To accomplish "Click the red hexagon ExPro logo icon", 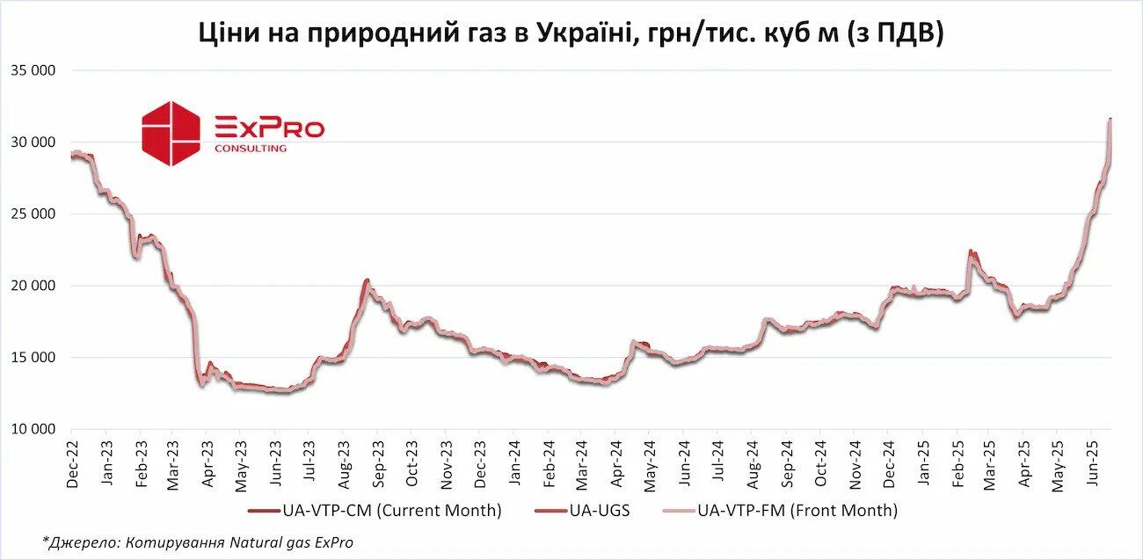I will pos(171,133).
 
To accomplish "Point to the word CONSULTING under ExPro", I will pos(250,149).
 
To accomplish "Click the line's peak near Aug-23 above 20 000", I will pos(367,280).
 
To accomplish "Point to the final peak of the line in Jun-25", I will pos(1110,119).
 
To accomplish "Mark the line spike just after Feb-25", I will pos(971,251).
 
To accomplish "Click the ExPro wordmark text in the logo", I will pos(269,128).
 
